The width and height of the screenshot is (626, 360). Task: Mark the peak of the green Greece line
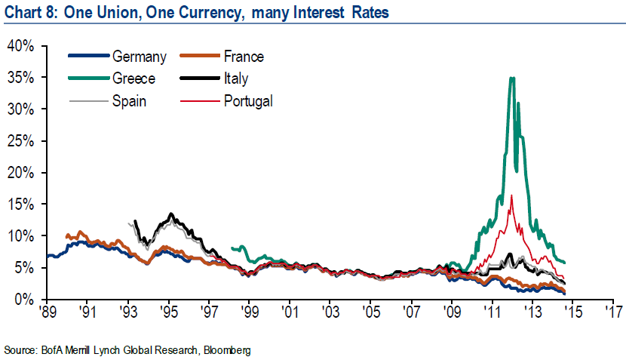pos(513,78)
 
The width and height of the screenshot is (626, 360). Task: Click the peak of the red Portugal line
pos(512,195)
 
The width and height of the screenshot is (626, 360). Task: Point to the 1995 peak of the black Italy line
pos(171,214)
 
